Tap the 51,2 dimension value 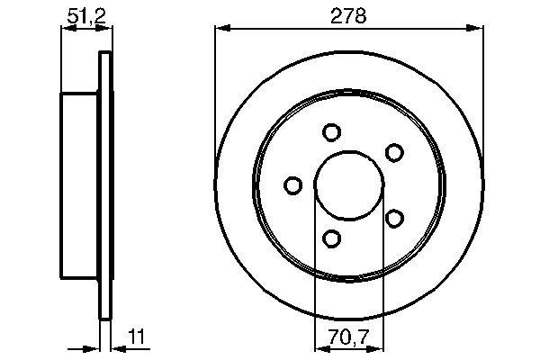click(x=84, y=15)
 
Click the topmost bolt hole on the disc click(x=330, y=133)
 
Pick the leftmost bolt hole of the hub click(x=292, y=185)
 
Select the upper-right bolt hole click(x=393, y=152)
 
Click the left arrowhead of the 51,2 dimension click(x=65, y=29)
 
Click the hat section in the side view click(x=79, y=185)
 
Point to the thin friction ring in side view click(x=104, y=185)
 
